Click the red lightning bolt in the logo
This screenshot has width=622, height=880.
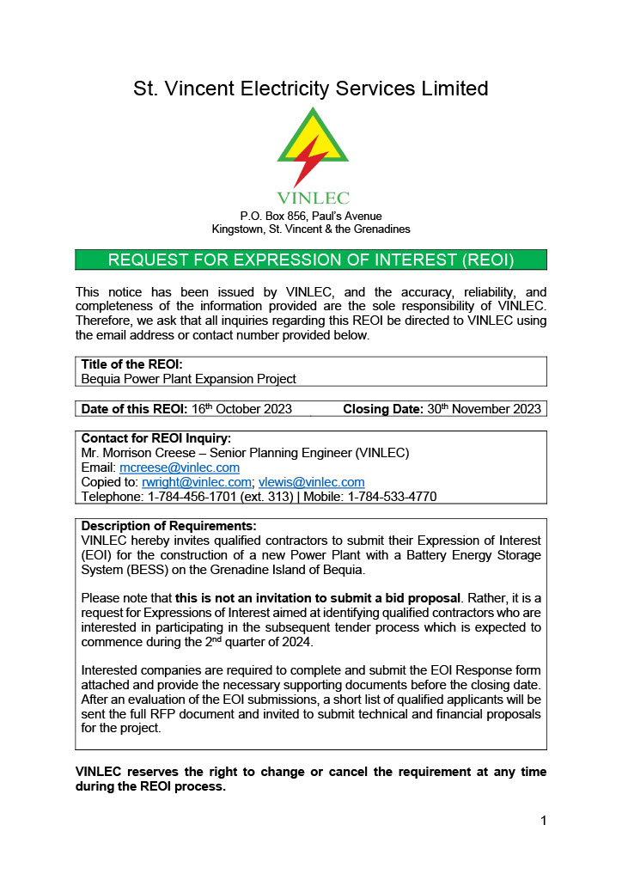coord(311,160)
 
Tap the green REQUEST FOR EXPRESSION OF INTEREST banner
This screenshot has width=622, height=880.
coord(311,260)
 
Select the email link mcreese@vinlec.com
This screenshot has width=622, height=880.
coord(180,467)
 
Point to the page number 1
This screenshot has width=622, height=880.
coord(543,821)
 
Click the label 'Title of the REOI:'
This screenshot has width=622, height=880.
coord(131,364)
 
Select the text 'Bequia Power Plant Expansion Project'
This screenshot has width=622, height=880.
coord(188,378)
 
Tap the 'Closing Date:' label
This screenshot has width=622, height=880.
coord(383,409)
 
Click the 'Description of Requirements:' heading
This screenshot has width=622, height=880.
coord(168,526)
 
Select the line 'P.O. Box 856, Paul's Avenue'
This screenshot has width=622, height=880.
coord(311,216)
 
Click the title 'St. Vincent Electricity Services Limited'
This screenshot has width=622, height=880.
coord(311,89)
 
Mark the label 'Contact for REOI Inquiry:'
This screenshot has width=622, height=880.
coord(155,438)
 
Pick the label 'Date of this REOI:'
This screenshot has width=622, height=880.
coord(133,409)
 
